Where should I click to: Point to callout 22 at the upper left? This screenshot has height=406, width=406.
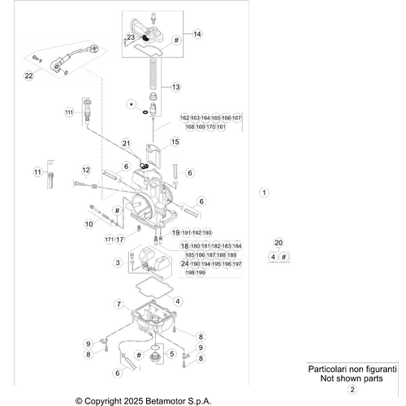point(28,76)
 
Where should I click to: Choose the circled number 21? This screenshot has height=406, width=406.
point(125,144)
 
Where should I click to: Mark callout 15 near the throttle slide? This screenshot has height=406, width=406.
point(175,143)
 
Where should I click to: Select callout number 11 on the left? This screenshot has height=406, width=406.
point(37,172)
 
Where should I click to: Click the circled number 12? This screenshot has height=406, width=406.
point(86,170)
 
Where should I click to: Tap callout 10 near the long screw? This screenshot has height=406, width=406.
point(89,222)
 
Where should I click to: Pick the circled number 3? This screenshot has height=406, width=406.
point(118,262)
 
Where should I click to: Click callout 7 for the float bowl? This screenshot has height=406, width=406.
point(118,304)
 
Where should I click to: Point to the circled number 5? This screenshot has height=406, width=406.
point(171,353)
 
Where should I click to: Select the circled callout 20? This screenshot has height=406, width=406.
point(279,243)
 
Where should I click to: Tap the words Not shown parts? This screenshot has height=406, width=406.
point(352,378)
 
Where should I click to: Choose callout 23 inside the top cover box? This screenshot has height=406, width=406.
point(132,37)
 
